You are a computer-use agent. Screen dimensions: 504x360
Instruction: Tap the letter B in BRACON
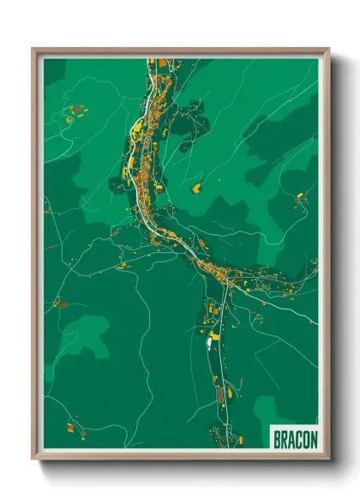277,439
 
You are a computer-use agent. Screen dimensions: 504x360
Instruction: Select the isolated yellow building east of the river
195,186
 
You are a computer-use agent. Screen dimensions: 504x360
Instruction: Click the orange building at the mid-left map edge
61,303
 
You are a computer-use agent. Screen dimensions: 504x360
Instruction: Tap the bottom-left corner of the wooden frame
33,459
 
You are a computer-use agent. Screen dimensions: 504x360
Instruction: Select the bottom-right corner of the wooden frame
328,459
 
